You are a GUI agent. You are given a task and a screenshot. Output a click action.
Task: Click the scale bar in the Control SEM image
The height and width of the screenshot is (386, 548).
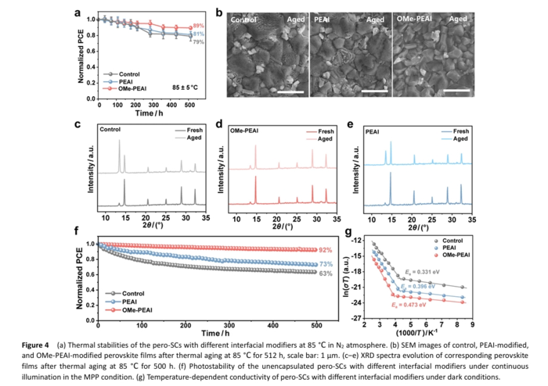[273, 91]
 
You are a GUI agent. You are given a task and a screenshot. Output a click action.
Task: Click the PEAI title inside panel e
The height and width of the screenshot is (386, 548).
[376, 129]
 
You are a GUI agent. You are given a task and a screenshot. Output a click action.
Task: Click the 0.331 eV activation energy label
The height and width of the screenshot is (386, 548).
[416, 271]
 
